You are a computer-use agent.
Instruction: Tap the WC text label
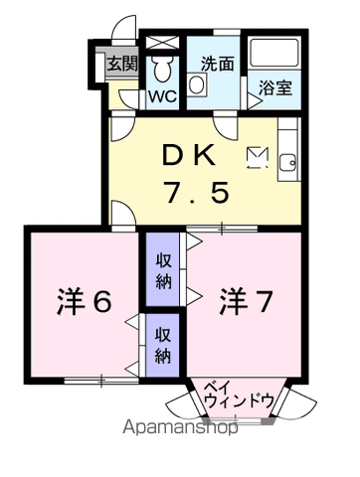pos(162,97)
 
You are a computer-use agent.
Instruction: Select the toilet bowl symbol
pos(163,69)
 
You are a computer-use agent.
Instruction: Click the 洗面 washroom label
pos(217,62)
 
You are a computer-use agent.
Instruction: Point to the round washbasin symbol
pos(196,86)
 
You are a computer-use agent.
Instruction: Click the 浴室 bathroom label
pos(275,87)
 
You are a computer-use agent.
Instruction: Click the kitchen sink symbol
pos(288,163)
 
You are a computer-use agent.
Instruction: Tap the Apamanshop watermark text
pos(179,429)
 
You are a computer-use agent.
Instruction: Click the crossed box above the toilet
pos(162,43)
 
